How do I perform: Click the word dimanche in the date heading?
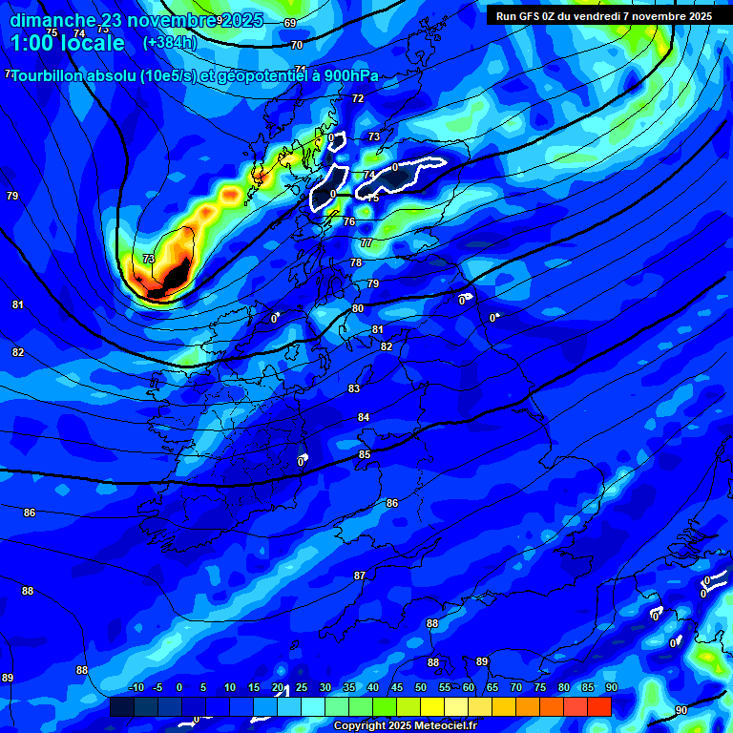click(x=52, y=21)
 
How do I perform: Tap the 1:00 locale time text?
click(x=67, y=43)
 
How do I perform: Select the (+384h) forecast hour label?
click(x=170, y=43)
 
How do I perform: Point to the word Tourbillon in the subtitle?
click(x=53, y=76)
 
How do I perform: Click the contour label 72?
click(x=358, y=98)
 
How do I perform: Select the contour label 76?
click(x=349, y=221)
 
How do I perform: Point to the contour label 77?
click(x=366, y=243)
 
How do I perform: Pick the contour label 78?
click(x=356, y=262)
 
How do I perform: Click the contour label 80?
click(x=358, y=308)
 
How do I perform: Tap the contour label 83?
click(x=354, y=388)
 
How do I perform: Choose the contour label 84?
click(x=364, y=417)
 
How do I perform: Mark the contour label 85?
click(x=365, y=455)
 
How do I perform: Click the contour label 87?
click(x=360, y=576)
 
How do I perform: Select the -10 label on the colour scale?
click(x=136, y=688)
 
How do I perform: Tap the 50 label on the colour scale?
click(x=421, y=688)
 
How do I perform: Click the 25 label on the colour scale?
click(x=302, y=688)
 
